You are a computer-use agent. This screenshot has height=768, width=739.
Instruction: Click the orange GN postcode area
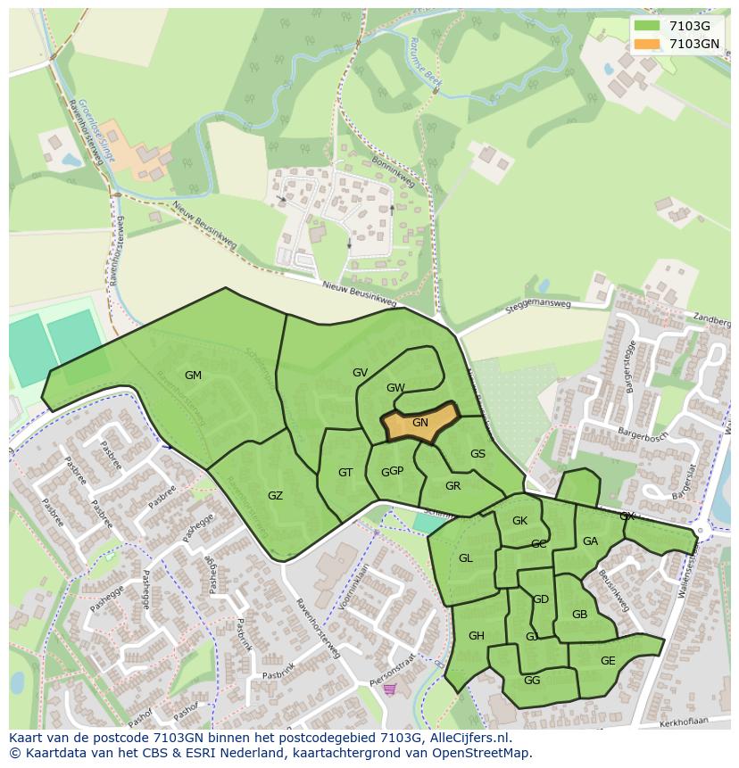(x=419, y=424)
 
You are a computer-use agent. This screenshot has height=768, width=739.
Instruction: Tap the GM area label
(x=193, y=376)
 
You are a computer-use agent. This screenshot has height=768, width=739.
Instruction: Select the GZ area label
(x=275, y=496)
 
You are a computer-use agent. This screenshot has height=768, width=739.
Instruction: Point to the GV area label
(x=360, y=373)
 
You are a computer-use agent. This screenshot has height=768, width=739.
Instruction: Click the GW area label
(x=395, y=388)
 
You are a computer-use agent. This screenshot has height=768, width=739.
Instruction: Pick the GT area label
(x=345, y=473)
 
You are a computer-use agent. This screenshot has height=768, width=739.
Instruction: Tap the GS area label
(x=477, y=454)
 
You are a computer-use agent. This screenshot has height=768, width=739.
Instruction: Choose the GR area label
(x=453, y=486)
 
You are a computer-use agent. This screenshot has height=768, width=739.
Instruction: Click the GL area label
(x=465, y=558)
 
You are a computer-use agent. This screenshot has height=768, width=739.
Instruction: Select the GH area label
(x=476, y=636)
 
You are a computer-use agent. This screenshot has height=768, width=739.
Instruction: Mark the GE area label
(x=608, y=661)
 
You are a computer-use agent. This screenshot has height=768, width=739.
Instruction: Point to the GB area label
(x=579, y=615)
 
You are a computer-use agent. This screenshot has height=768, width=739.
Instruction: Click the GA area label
(x=590, y=541)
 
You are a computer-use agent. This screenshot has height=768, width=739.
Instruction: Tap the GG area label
(x=532, y=681)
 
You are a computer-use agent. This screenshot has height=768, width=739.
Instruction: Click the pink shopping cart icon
(x=389, y=689)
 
